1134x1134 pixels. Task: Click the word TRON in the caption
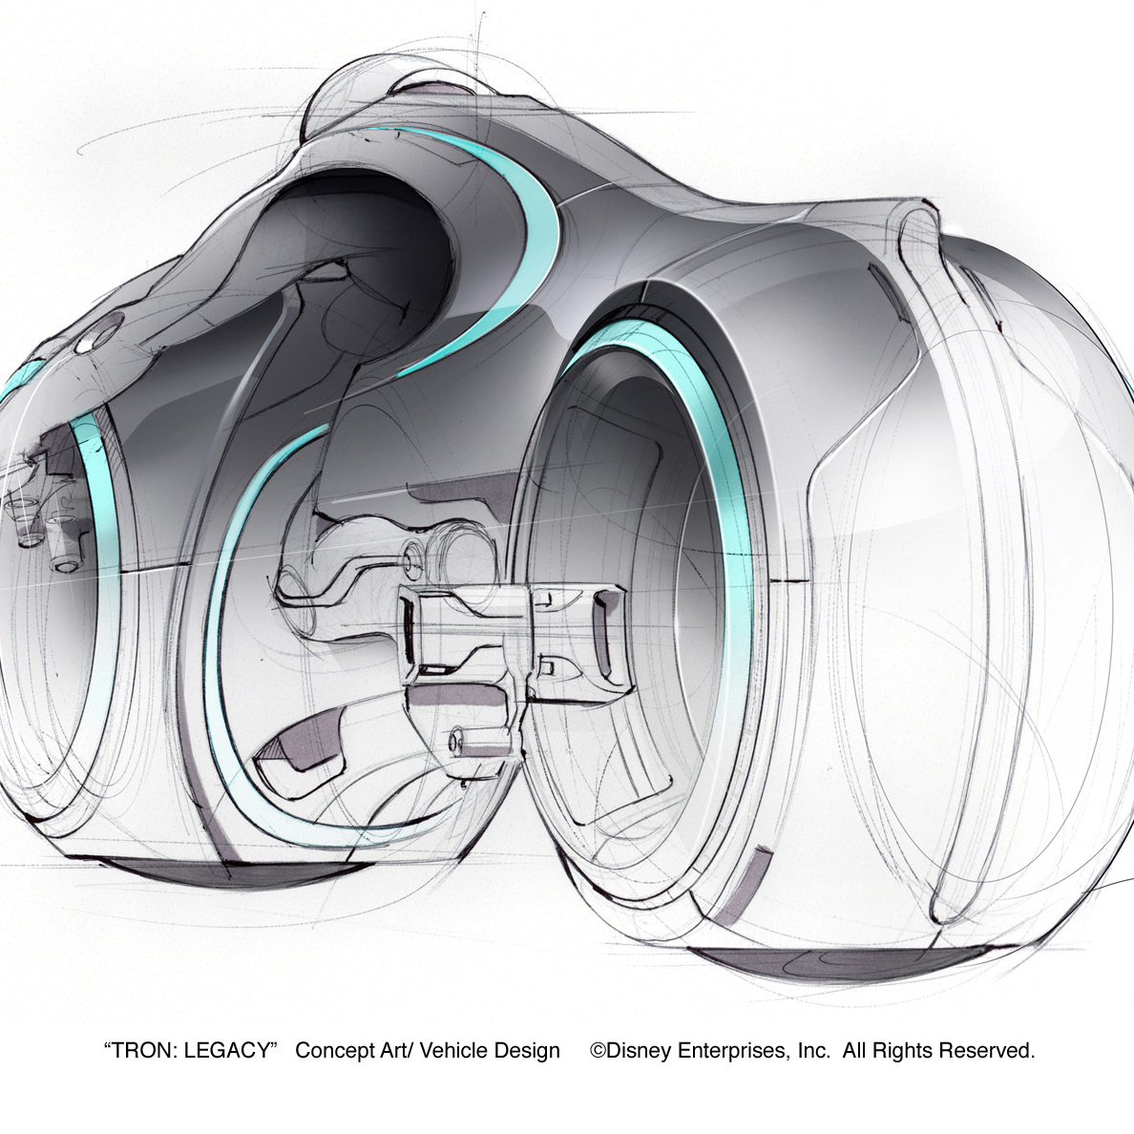143,1050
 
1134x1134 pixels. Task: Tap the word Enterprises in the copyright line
734,1051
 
